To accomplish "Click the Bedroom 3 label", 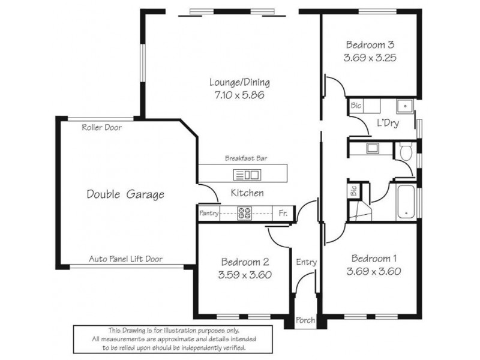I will [x=370, y=44].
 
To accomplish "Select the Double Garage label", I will [x=125, y=194].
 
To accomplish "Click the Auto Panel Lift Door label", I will [x=125, y=259].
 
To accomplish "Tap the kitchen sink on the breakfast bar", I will [x=246, y=175].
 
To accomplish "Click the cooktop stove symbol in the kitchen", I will [x=244, y=212].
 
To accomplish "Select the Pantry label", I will [x=208, y=213].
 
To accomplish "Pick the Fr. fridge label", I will [x=283, y=213].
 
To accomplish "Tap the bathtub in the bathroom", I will [x=406, y=202].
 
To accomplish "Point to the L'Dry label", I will [x=388, y=124].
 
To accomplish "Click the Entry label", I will [x=306, y=262].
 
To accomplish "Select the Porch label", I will [x=305, y=320].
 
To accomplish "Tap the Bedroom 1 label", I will [x=374, y=259].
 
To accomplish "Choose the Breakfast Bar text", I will [x=246, y=158].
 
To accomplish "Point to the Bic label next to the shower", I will [x=353, y=192].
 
